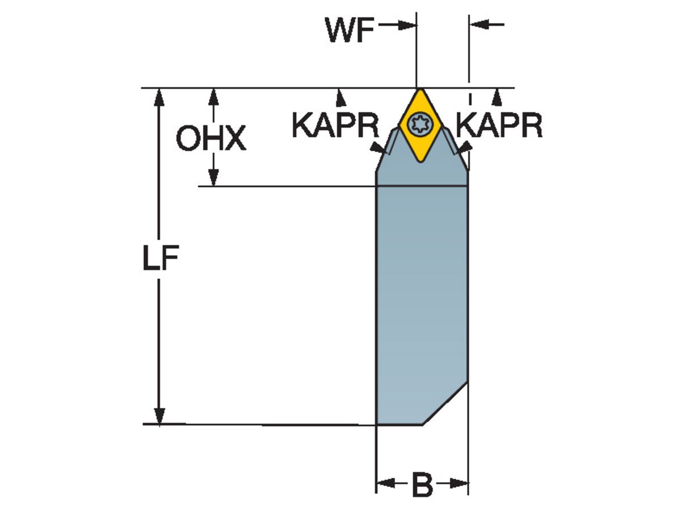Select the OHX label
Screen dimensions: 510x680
point(211,139)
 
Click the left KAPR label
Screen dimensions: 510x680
point(335,126)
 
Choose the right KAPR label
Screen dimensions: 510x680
point(499,126)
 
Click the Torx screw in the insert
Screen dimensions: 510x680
point(419,124)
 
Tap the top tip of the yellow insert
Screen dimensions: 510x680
point(420,90)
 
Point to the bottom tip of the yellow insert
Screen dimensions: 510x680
point(419,161)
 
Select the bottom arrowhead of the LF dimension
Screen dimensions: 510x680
point(160,416)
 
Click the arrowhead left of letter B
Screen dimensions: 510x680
point(385,483)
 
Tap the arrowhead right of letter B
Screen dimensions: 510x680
point(460,483)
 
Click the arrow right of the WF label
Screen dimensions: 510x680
point(409,25)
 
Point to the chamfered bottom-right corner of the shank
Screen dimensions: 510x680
point(445,403)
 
